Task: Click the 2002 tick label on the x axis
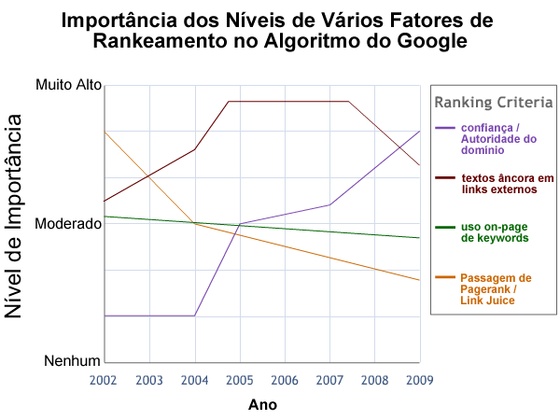105,380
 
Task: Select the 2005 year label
240,380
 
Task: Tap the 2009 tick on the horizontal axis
419,380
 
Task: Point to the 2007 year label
329,380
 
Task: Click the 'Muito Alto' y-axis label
67,86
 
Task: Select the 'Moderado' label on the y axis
67,225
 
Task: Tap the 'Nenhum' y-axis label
72,361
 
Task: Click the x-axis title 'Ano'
262,405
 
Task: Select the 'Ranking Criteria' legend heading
494,102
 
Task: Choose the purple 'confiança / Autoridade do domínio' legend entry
498,138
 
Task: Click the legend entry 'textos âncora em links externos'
508,183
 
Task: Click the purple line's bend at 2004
195,315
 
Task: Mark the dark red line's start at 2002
105,201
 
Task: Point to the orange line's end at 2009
420,280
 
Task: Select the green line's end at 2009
420,238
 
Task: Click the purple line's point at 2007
329,204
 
